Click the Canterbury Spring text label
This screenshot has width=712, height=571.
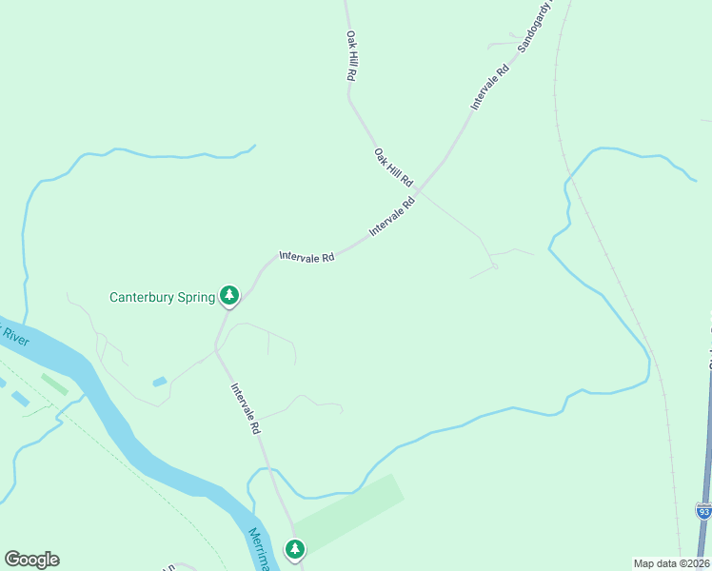162,297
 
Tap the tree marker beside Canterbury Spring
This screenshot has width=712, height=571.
228,296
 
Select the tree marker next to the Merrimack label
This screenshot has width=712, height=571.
295,549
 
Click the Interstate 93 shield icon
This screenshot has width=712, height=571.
703,512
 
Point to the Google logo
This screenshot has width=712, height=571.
31,560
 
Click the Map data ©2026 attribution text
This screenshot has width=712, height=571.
670,563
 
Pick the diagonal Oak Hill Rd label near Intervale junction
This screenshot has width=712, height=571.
393,167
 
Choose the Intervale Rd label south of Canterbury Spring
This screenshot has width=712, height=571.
245,409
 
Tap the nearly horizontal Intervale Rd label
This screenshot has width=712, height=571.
307,257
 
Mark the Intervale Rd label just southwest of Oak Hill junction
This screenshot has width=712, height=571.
393,215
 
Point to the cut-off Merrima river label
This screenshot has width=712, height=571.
260,550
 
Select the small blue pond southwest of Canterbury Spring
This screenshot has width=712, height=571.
159,383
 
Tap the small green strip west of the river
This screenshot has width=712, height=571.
54,384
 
